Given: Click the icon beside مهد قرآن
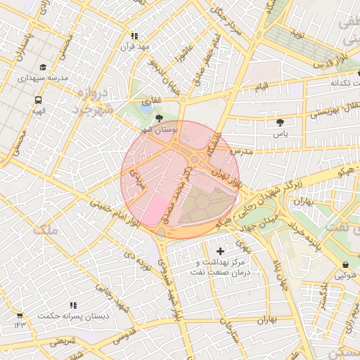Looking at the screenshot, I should [x=134, y=36].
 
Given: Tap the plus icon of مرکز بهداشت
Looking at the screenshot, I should [x=221, y=251].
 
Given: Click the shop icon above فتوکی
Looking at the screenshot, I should [x=346, y=265].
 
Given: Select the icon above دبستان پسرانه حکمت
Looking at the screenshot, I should [x=72, y=306].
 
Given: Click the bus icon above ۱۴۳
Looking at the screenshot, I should [x=19, y=316].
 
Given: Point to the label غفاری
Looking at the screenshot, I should [x=152, y=101].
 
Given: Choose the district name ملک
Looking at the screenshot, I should [x=44, y=229].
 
